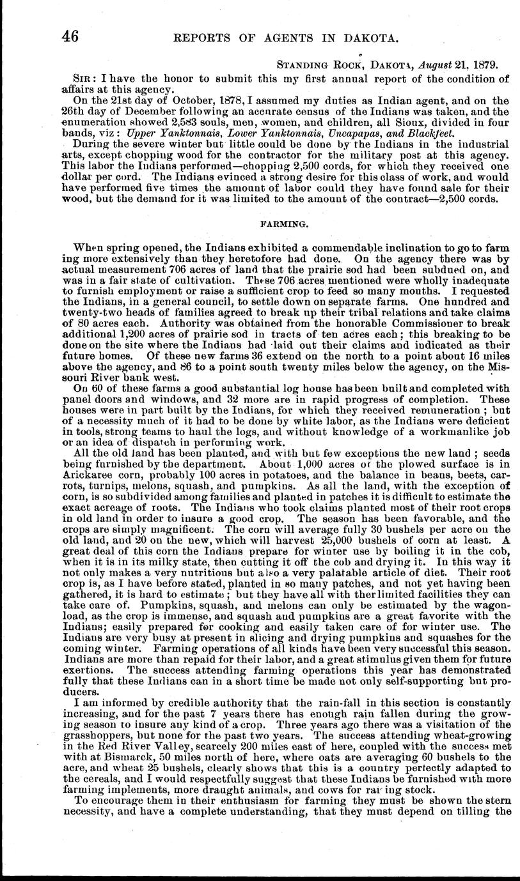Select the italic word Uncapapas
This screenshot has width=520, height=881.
[357, 132]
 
